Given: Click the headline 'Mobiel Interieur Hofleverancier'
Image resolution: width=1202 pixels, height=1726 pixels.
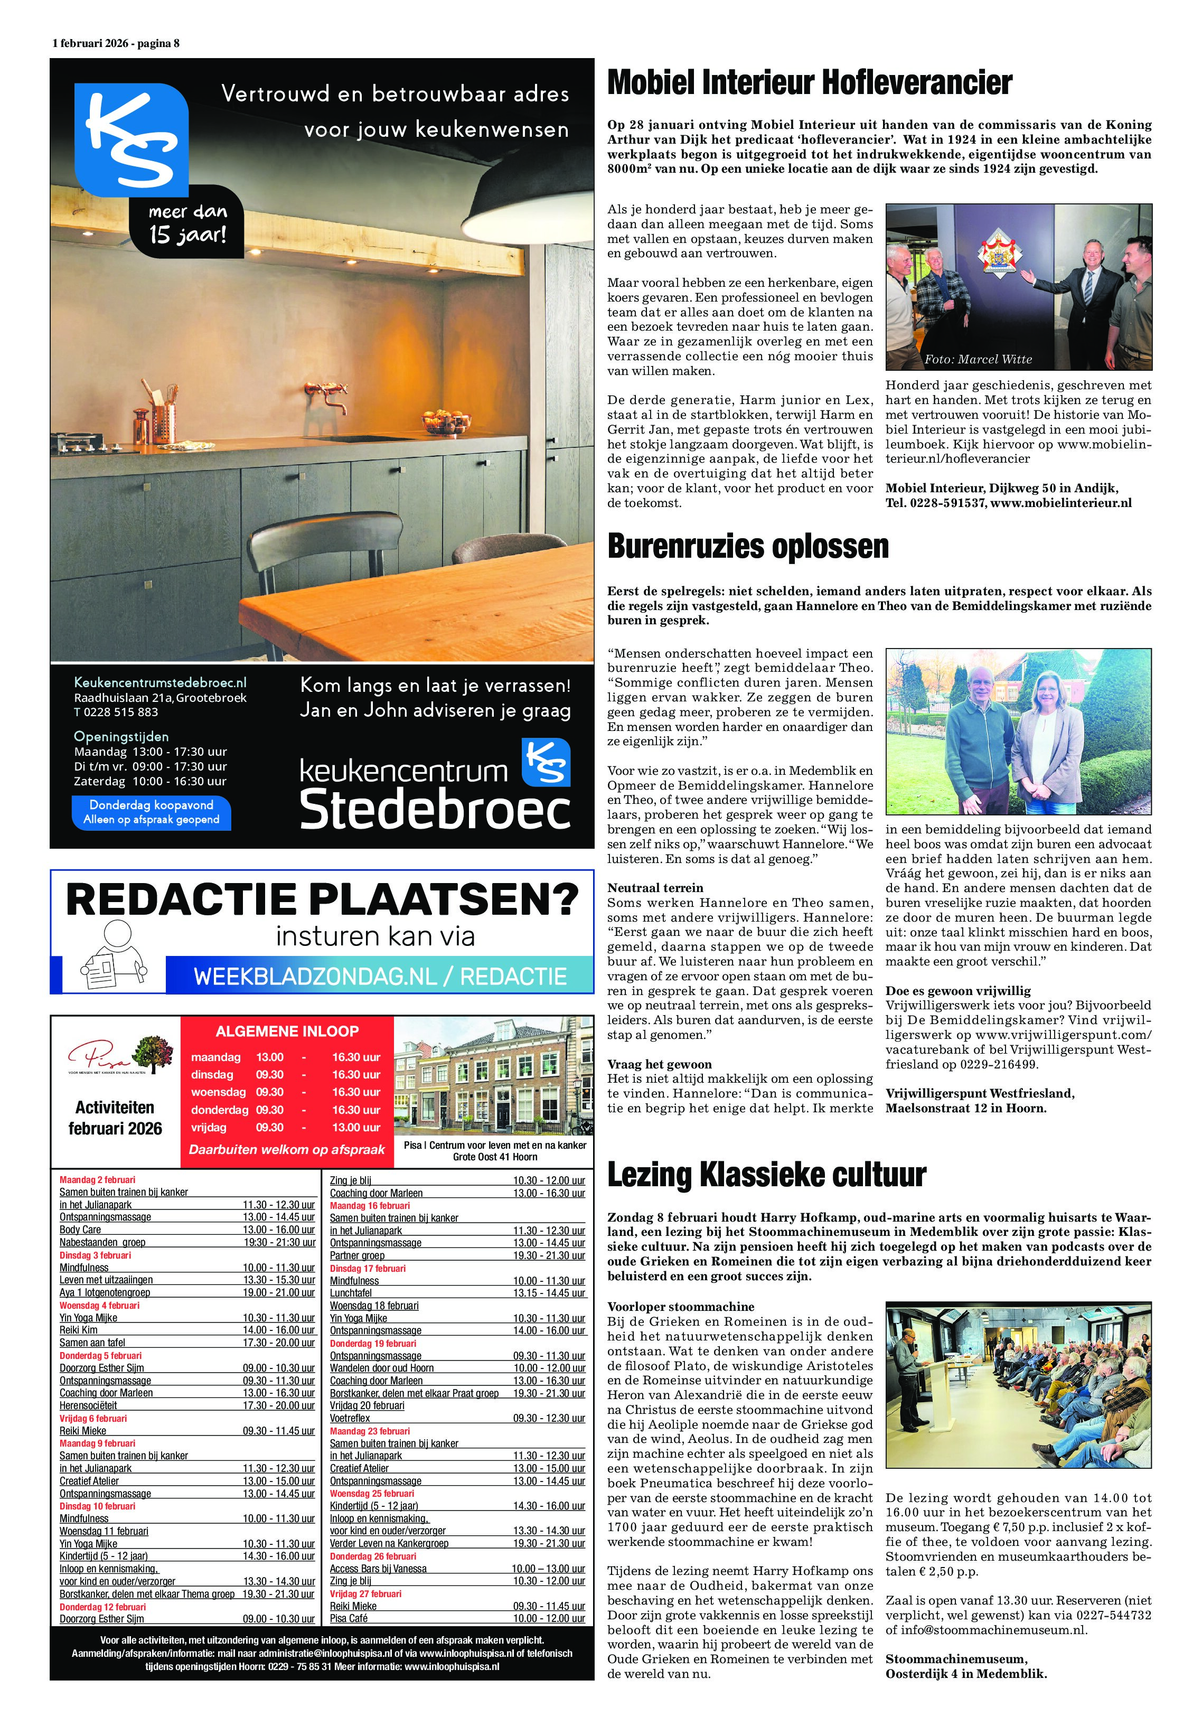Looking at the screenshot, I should pyautogui.click(x=809, y=83).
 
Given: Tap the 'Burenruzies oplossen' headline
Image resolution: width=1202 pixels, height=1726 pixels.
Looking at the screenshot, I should pyautogui.click(x=747, y=547).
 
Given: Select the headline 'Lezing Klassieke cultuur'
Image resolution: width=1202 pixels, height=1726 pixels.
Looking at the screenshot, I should pyautogui.click(x=766, y=1174).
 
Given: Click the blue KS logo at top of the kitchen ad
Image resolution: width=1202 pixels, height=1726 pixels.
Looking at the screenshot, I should pyautogui.click(x=132, y=140).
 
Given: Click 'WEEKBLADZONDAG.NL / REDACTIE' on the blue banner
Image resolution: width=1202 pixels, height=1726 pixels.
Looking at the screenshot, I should pyautogui.click(x=380, y=977).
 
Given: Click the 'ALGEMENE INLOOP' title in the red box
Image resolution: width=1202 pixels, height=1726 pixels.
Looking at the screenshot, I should pyautogui.click(x=287, y=1031).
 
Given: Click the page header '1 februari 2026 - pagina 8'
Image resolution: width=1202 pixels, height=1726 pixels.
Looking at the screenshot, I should pyautogui.click(x=116, y=43).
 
